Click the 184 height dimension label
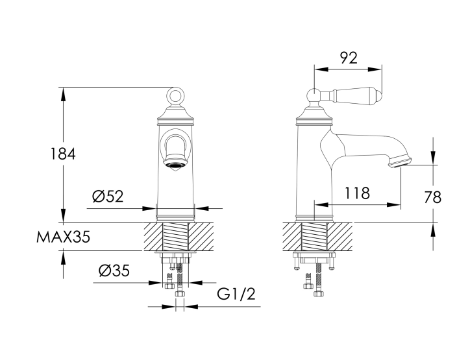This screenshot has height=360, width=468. click(x=63, y=154)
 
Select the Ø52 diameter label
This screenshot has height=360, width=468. click(x=108, y=197)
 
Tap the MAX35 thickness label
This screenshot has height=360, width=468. click(x=63, y=237)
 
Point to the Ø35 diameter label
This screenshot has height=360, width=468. click(x=114, y=270)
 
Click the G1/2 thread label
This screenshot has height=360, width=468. click(x=236, y=294)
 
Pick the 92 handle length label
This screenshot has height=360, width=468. click(x=349, y=58)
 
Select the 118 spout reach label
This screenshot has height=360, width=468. click(x=357, y=193)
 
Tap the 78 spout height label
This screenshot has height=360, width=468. click(x=433, y=197)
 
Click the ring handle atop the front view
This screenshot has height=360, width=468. click(x=175, y=95)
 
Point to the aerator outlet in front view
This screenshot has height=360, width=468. click(x=175, y=164)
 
